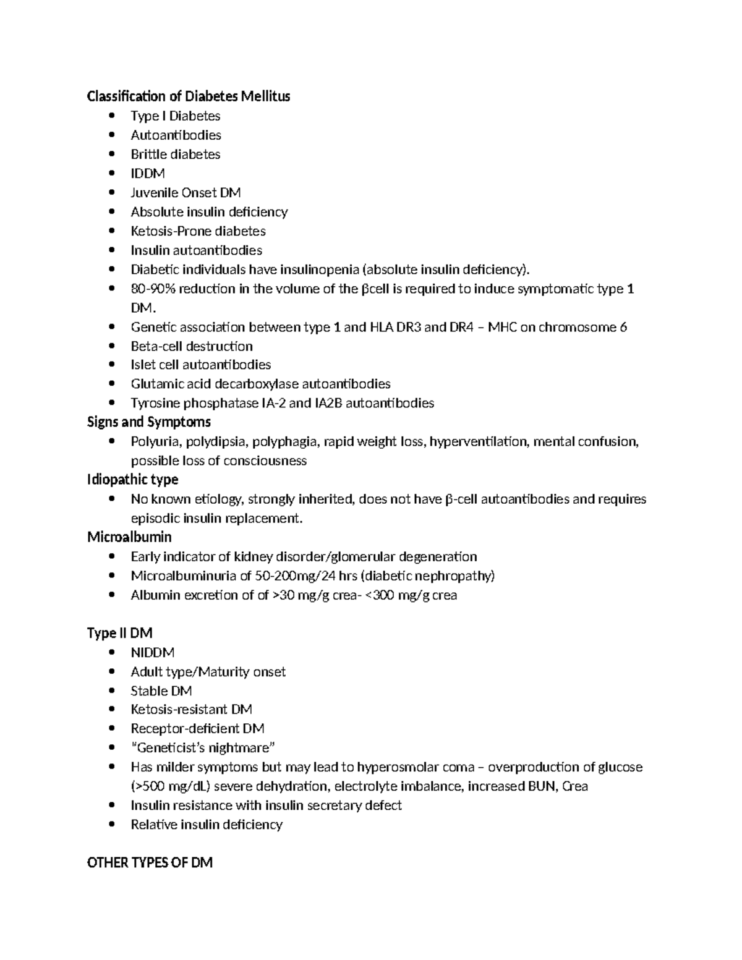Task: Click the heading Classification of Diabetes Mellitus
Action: [189, 96]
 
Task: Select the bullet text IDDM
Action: [148, 174]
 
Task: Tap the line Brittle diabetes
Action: [176, 155]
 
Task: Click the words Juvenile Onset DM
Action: [185, 193]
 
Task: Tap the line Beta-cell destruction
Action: [192, 347]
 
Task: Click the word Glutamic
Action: [153, 384]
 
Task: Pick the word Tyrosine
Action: [152, 404]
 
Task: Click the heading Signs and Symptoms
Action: [149, 422]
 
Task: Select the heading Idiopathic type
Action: [133, 480]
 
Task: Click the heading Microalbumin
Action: [129, 537]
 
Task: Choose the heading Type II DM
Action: [120, 633]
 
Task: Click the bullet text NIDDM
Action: [153, 653]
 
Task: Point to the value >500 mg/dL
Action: [167, 786]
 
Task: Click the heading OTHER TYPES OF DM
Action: [150, 863]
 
